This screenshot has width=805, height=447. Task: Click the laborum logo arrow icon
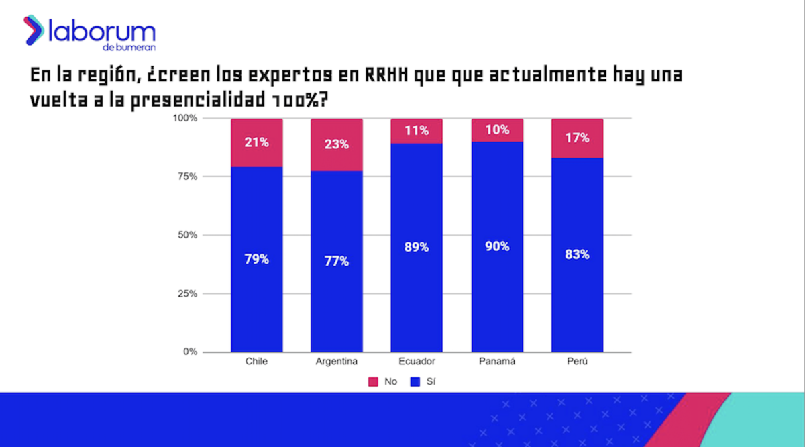[x=34, y=30]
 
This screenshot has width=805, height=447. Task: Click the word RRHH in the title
[x=386, y=75]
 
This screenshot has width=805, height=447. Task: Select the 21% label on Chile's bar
[x=256, y=142]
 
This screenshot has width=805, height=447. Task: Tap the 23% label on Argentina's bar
[x=337, y=144]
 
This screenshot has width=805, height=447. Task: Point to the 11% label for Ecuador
[x=417, y=130]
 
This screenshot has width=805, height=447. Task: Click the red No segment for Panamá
[x=497, y=130]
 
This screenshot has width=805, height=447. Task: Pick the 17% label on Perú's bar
[x=578, y=138]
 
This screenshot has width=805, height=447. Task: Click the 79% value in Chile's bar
[x=256, y=259]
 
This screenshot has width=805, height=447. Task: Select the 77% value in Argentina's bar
[x=337, y=262]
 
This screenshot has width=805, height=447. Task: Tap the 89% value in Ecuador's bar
[x=417, y=247]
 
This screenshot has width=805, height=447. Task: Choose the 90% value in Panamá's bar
[x=497, y=246]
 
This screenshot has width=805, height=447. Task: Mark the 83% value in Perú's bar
[x=578, y=254]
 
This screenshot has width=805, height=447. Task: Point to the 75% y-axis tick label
[x=188, y=177]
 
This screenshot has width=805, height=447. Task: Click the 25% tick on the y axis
[x=188, y=294]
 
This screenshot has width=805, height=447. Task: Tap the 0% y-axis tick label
[x=190, y=352]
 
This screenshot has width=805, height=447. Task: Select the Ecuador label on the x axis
[x=417, y=361]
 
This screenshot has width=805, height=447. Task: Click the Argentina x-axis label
[x=337, y=362]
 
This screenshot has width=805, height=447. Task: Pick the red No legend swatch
[x=373, y=381]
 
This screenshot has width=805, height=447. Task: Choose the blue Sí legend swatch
[x=415, y=381]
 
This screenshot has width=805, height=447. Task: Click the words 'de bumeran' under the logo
[x=129, y=48]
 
